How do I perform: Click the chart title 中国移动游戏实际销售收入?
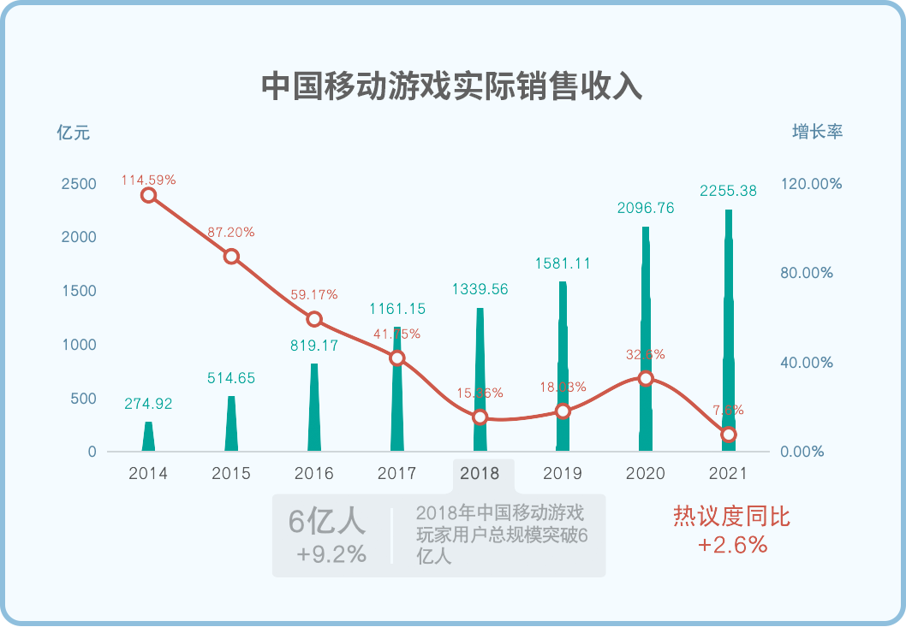pos(451,86)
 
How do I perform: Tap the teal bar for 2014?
pos(148,437)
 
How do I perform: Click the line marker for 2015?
pos(231,257)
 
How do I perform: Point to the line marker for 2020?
pos(646,378)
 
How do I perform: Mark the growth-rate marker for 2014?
pos(148,195)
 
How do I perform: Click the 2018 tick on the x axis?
pos(480,473)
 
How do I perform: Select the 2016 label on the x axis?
pos(313,473)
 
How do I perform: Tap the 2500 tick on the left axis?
pos(79,184)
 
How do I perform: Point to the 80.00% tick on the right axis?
pos(805,273)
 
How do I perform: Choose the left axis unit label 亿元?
pos(73,133)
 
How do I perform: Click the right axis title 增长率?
pos(817,133)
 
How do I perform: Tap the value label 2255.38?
pos(728,192)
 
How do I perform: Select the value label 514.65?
pos(231,378)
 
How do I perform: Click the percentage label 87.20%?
pos(231,232)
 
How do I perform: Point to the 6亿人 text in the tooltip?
pos(327,521)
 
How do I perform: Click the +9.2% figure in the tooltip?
pos(331,554)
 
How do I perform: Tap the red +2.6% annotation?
pos(732,545)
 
